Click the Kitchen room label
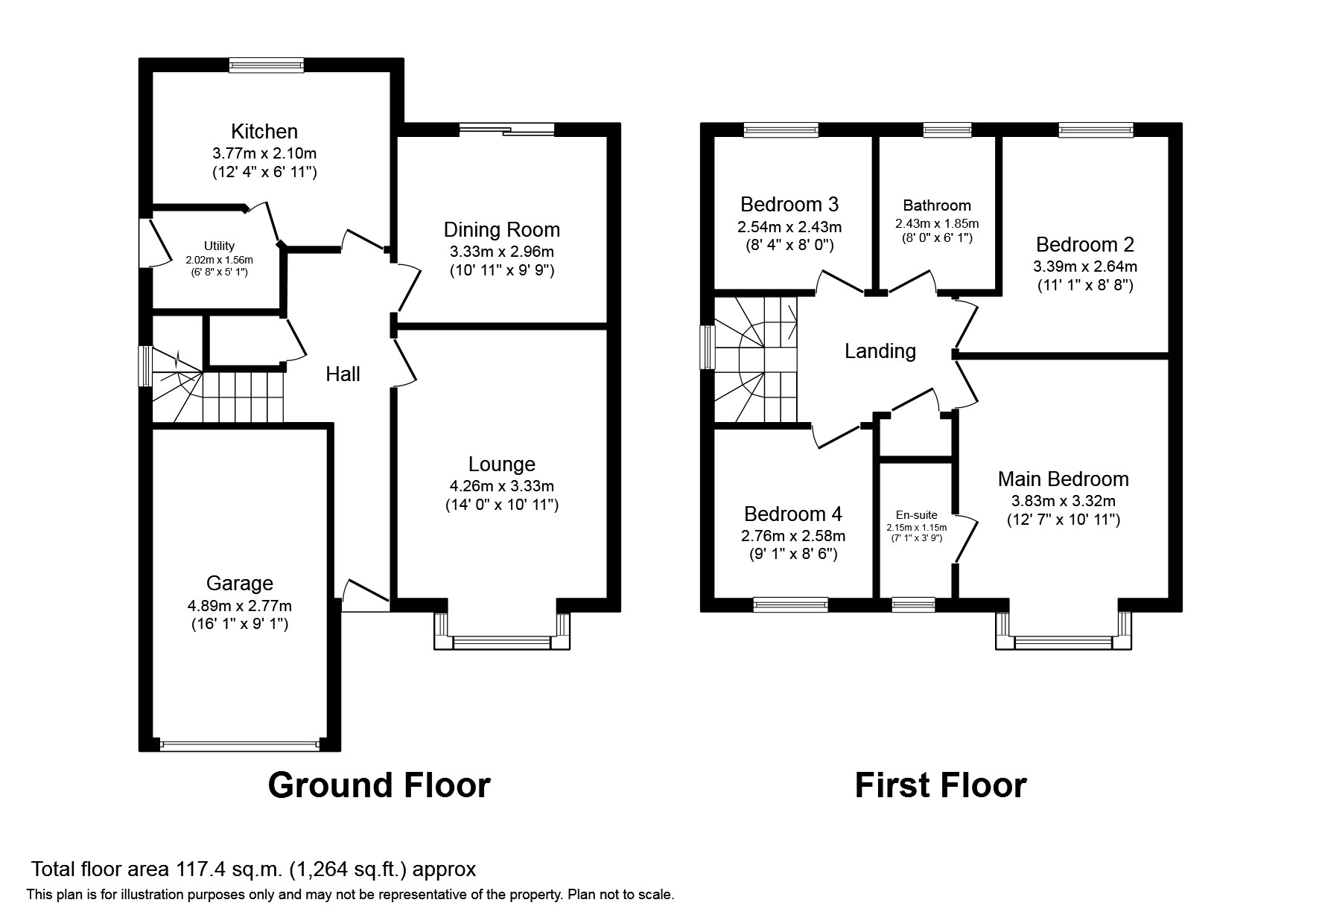[264, 132]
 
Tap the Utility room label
[219, 246]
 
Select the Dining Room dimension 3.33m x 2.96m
[501, 252]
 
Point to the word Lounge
[502, 464]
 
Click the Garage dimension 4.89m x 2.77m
[240, 605]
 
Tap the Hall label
[343, 374]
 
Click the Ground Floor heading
[379, 785]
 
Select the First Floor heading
[941, 785]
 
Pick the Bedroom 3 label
[789, 204]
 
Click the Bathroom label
[937, 205]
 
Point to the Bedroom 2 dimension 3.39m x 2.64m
[1085, 266]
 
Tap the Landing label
[880, 351]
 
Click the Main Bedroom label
[1064, 479]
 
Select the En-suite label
[917, 515]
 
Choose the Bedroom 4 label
[793, 514]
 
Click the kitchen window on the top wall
[267, 66]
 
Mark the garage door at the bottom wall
[239, 744]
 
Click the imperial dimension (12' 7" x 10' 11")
[1064, 520]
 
